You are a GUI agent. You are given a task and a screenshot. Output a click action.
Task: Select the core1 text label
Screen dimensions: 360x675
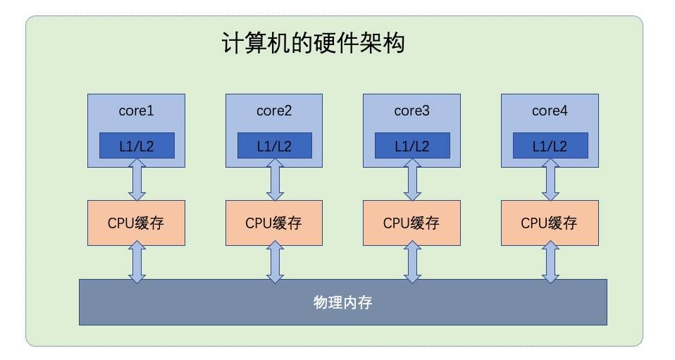pos(136,111)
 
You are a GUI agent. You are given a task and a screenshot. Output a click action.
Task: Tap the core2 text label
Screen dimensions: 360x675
pos(274,111)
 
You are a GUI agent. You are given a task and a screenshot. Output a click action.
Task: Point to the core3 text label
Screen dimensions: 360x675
pos(411,111)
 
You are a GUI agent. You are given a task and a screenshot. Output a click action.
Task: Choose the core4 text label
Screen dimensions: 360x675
pos(550,111)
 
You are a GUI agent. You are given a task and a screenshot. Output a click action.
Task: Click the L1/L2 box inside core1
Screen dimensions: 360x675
pos(136,146)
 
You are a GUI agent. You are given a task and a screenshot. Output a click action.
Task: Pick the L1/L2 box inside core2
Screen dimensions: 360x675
pos(274,146)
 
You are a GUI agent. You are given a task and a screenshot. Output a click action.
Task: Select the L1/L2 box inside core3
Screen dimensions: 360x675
pos(411,146)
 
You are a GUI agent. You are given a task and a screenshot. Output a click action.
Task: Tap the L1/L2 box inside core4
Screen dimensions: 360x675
pos(550,146)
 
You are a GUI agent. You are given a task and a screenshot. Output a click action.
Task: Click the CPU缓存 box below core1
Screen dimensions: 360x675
pos(136,223)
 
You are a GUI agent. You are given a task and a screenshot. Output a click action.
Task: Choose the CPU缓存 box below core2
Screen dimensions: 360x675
pos(274,223)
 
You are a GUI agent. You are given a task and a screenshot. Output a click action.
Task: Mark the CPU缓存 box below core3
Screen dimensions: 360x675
pos(411,223)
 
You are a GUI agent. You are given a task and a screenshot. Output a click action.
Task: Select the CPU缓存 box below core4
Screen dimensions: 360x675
pos(550,223)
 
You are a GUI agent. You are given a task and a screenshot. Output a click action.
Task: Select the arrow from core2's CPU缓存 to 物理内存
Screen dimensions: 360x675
pos(274,261)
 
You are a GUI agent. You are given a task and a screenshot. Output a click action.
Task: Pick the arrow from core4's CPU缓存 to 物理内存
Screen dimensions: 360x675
pos(550,261)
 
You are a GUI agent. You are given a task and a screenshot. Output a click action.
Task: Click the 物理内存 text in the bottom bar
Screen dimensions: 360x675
pos(342,304)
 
